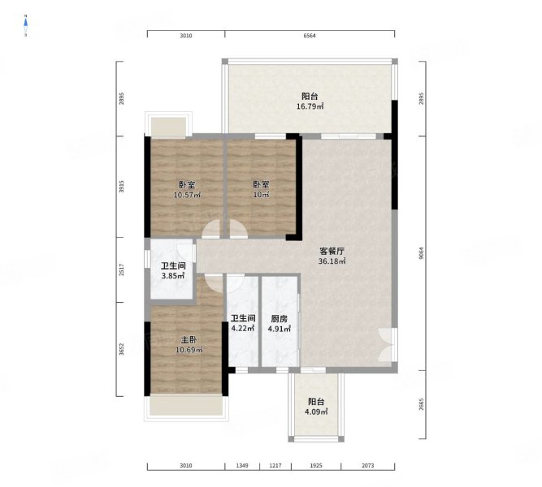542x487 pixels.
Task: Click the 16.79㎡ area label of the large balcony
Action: click(x=310, y=106)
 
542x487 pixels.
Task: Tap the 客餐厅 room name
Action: click(x=332, y=251)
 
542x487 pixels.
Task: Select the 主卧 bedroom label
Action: click(x=189, y=340)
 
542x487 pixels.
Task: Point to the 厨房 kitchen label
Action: click(x=279, y=319)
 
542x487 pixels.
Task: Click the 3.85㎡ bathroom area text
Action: click(x=173, y=276)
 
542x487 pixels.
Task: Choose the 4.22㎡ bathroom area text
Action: click(x=243, y=328)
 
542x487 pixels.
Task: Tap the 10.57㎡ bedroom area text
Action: click(x=187, y=195)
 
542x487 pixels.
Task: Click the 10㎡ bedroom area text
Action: click(x=262, y=195)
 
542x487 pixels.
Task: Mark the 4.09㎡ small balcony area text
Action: click(x=316, y=412)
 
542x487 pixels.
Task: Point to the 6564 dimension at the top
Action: click(x=310, y=36)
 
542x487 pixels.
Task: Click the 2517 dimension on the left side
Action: click(x=121, y=269)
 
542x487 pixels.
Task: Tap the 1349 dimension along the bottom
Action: click(x=242, y=466)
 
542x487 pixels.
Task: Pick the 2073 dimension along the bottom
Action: click(x=368, y=466)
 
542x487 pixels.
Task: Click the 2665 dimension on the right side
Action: click(x=421, y=404)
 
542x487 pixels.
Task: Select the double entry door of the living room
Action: click(x=388, y=345)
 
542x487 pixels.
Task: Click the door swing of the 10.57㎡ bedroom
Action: click(x=210, y=229)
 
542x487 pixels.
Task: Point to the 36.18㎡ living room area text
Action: click(x=332, y=261)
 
